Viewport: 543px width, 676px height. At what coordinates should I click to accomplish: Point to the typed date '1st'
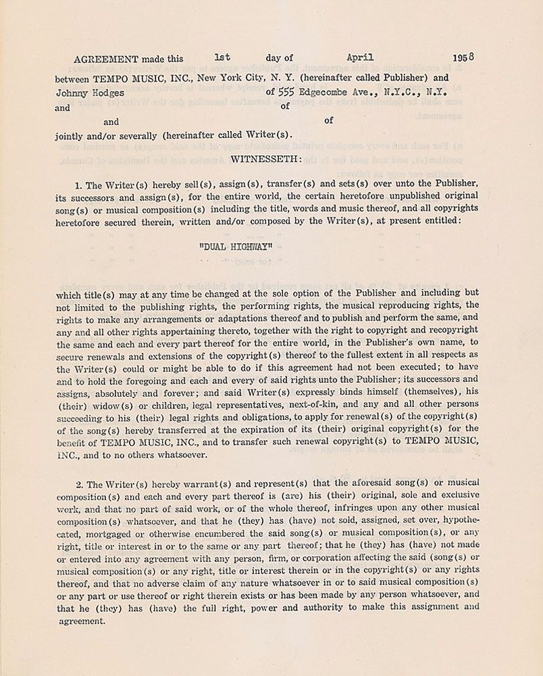(x=222, y=57)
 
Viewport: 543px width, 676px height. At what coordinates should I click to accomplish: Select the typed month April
(x=359, y=57)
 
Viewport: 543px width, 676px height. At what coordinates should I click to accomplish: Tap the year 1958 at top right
(x=463, y=57)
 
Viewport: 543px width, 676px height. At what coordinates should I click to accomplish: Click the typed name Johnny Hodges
(x=90, y=93)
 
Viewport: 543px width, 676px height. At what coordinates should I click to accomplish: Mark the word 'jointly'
(x=70, y=135)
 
